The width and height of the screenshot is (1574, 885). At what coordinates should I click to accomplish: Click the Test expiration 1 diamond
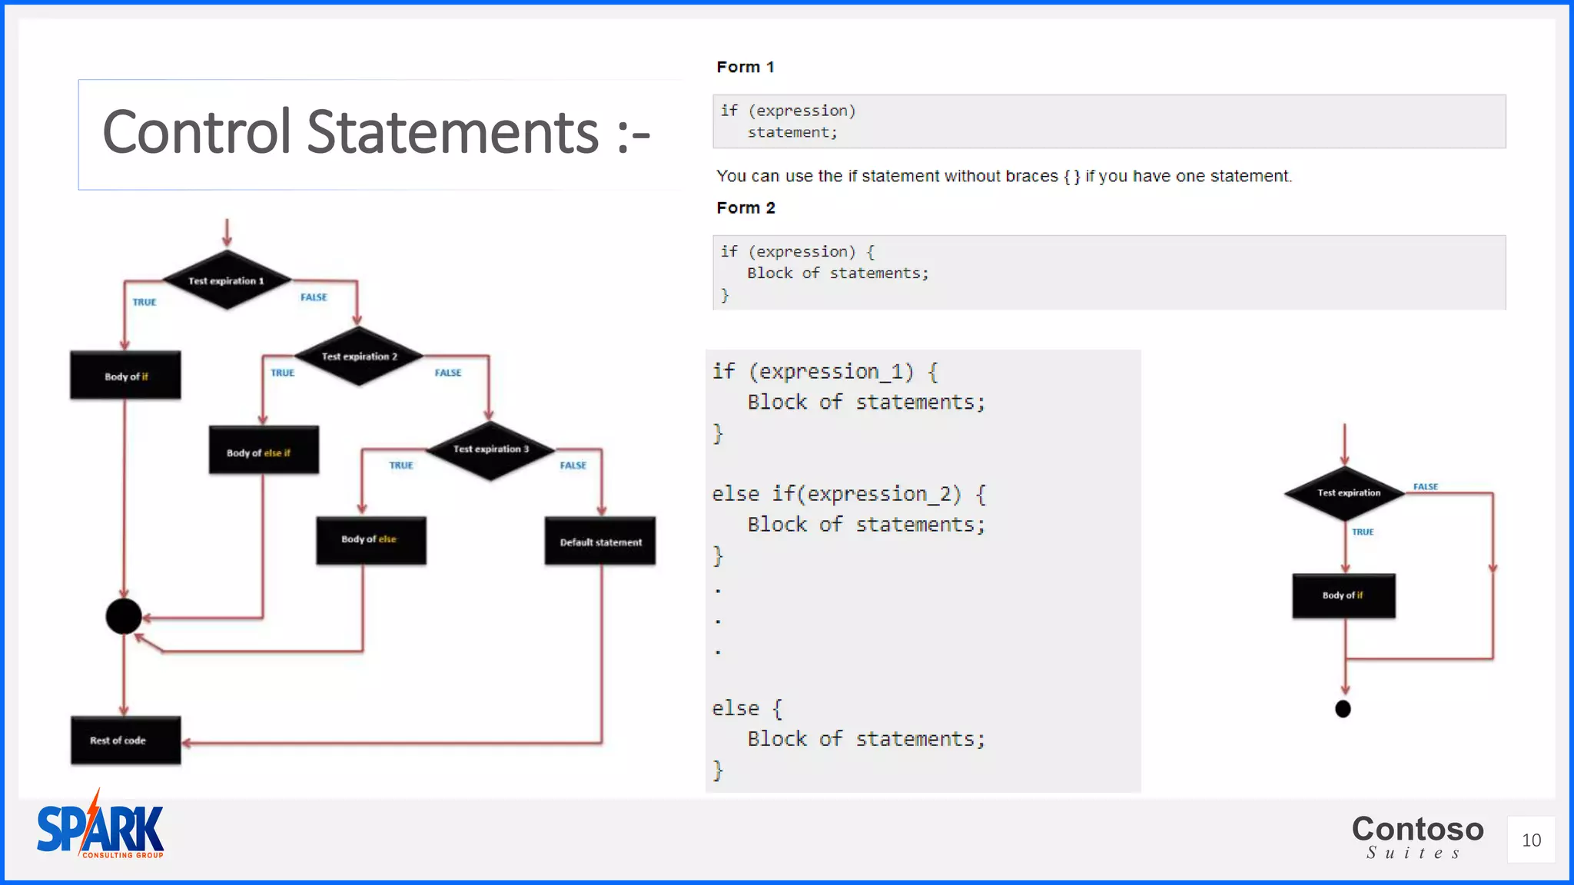pos(227,280)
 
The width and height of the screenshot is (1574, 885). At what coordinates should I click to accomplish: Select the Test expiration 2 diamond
pos(359,356)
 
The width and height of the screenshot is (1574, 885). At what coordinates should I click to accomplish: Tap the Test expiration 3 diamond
pos(490,449)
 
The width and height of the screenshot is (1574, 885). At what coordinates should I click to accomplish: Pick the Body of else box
pos(370,540)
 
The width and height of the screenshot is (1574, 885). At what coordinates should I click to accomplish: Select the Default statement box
pos(600,542)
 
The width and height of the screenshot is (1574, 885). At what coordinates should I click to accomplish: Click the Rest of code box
pos(125,740)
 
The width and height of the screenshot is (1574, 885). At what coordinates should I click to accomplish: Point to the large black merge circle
pos(124,616)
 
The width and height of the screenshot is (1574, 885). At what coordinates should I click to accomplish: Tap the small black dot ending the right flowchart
pos(1343,708)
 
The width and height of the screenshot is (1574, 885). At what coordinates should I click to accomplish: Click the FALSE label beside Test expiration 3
pos(573,466)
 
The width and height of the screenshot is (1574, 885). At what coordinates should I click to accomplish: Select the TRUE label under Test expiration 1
pos(144,303)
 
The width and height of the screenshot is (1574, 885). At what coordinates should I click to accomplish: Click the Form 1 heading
pos(745,68)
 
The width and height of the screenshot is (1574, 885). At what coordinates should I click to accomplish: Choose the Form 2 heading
pos(745,208)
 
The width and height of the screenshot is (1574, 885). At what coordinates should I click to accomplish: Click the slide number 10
pos(1531,840)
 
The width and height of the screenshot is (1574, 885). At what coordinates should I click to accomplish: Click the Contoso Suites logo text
pos(1417,836)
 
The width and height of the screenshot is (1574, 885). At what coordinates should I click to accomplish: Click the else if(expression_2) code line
pos(848,494)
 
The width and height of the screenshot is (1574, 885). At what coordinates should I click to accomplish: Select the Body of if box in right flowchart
pos(1343,595)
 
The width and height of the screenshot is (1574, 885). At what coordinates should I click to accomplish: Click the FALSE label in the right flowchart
pos(1425,487)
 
